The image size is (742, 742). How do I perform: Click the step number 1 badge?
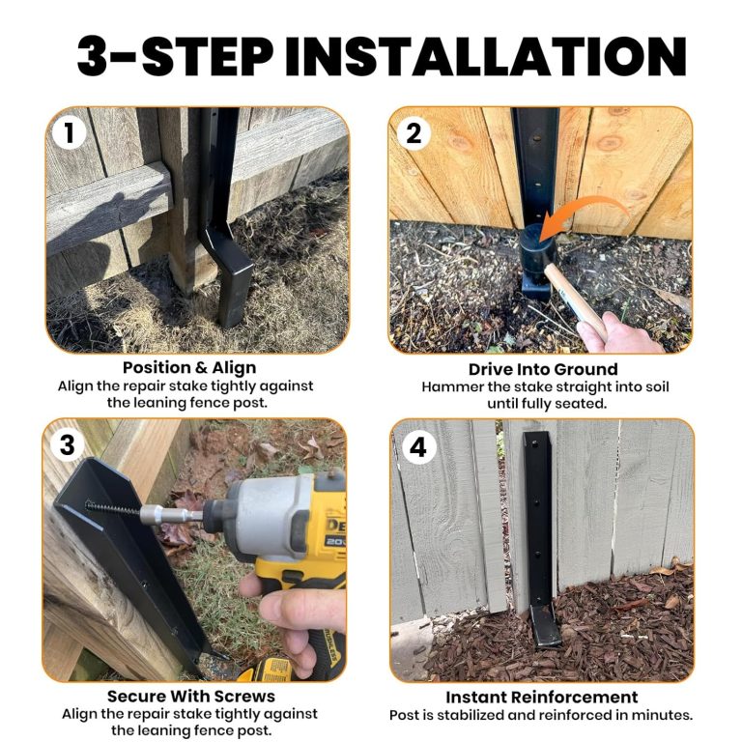click(69, 132)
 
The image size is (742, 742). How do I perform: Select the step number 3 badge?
click(68, 444)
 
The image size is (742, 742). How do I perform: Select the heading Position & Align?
click(189, 368)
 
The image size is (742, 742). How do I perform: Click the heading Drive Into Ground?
click(543, 369)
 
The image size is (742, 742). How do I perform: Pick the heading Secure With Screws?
click(191, 697)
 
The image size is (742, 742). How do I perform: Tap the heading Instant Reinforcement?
click(541, 698)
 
